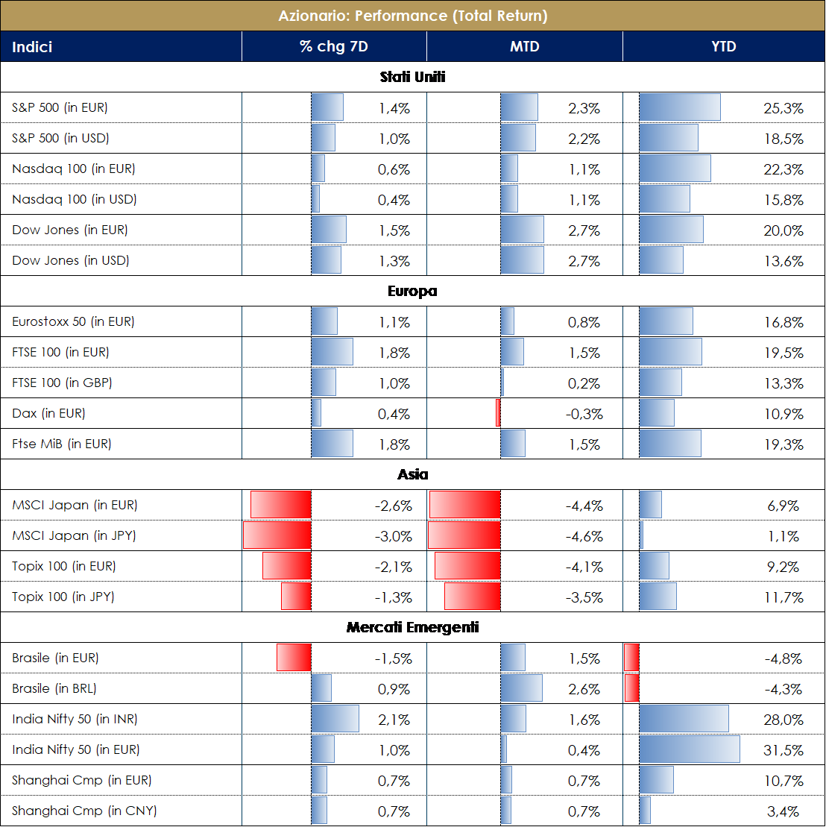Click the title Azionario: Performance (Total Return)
[412, 15]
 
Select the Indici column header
[32, 46]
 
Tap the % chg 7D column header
[334, 46]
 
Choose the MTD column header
[524, 46]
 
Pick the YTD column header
[724, 46]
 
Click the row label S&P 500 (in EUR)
[60, 107]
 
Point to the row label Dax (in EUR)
[48, 413]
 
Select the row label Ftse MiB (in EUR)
[61, 444]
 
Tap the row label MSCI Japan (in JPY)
[74, 535]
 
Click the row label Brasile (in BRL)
[54, 688]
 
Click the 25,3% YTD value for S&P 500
[784, 108]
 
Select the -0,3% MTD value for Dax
[583, 414]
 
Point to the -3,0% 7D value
[393, 536]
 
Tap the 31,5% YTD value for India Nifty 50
[784, 750]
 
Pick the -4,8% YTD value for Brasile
[784, 658]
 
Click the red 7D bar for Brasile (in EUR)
[294, 658]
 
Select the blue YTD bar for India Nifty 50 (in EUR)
[690, 749]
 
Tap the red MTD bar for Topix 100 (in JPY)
[473, 597]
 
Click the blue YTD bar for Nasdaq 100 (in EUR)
[675, 169]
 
